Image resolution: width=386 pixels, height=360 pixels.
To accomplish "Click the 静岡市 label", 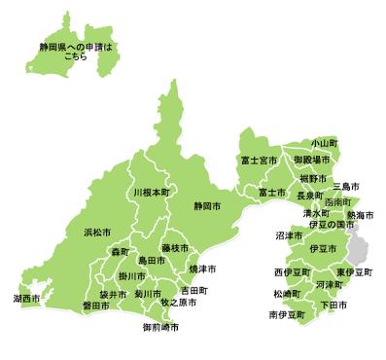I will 207,206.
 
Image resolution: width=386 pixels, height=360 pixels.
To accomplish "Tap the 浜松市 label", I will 97,233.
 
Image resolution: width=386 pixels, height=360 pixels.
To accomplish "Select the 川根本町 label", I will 151,193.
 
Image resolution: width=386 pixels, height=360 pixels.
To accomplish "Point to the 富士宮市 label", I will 259,160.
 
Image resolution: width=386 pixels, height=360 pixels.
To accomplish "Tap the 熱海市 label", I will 360,214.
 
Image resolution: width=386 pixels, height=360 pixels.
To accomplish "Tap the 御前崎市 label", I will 160,328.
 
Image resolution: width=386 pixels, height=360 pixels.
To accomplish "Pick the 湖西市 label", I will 27,297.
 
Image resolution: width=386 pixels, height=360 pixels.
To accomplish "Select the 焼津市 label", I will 202,268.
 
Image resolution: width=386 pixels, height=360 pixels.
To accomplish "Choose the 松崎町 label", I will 286,293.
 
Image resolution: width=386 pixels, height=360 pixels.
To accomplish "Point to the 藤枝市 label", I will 176,249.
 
